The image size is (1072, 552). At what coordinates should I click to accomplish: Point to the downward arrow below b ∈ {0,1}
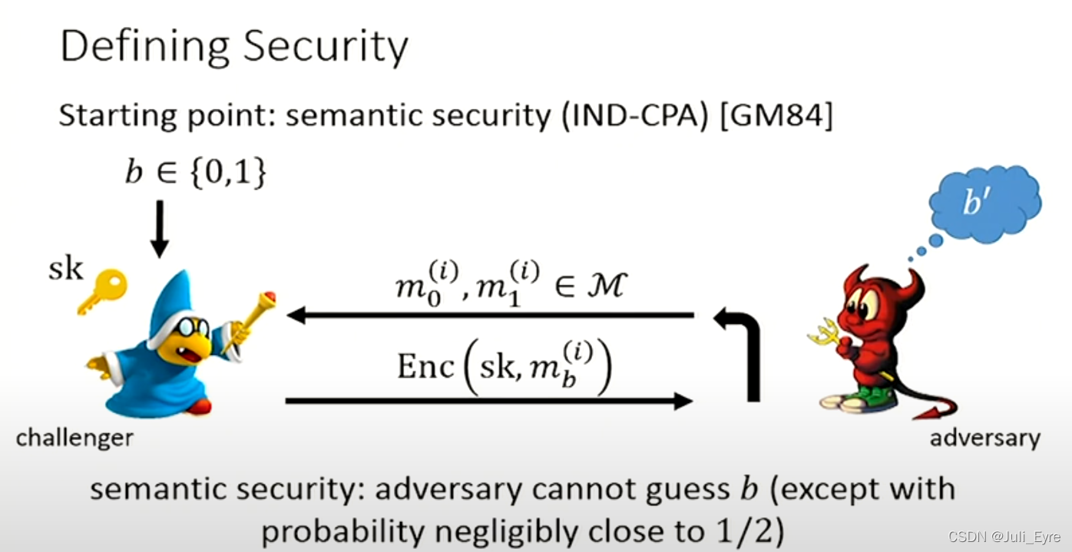159,229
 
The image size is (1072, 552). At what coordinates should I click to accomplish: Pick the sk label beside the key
65,269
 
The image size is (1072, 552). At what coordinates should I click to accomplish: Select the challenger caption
74,438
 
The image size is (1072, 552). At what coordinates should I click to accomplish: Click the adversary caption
984,438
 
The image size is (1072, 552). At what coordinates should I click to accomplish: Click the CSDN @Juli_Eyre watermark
1001,536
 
